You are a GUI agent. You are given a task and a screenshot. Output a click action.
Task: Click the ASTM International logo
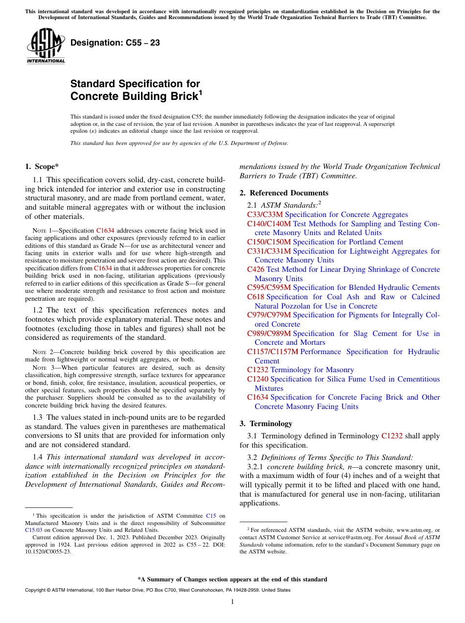pos(45,46)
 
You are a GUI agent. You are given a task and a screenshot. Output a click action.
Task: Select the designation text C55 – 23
pos(115,43)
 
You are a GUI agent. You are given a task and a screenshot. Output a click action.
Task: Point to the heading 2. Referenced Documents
pos(284,193)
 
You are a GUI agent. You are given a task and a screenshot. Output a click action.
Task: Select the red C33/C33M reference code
pos(265,215)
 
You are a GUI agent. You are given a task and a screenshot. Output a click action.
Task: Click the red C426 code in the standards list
pos(256,269)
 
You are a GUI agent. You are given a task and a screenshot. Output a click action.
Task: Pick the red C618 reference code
pos(256,297)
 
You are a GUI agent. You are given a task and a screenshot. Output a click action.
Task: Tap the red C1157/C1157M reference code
pos(272,352)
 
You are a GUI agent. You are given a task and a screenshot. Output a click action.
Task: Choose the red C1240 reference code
pos(257,379)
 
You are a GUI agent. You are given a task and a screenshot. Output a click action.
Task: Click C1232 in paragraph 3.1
pos(392,436)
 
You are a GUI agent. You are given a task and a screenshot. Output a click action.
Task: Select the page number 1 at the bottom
pos(232,602)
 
